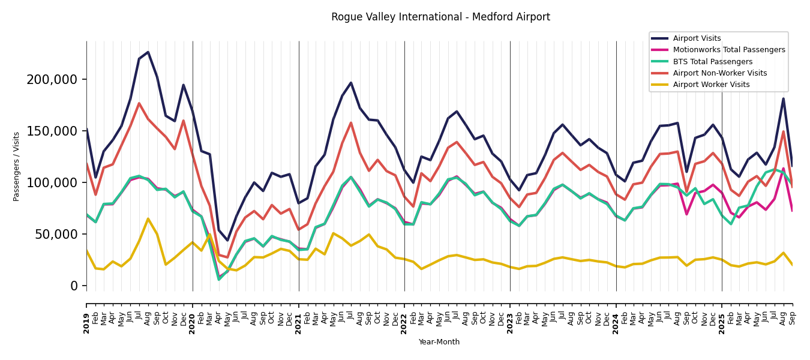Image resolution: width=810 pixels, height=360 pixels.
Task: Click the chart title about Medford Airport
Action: point(440,17)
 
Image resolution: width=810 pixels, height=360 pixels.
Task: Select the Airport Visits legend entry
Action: point(697,38)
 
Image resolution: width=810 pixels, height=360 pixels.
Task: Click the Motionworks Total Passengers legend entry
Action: point(728,50)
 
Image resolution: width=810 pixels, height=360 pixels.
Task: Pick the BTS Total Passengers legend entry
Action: point(712,62)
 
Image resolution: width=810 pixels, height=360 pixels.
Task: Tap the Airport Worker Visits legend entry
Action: point(711,85)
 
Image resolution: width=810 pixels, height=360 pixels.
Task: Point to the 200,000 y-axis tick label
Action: point(52,80)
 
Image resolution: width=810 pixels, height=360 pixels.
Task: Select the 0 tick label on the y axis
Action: point(74,286)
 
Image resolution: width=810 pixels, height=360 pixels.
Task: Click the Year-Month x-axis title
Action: point(439,342)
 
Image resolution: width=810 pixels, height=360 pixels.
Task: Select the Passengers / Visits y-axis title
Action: point(17,166)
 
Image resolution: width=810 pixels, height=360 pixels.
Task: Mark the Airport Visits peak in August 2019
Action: point(148,52)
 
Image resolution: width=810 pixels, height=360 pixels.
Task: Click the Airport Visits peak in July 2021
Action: point(351,83)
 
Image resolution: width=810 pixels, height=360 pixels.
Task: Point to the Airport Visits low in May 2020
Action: point(227,241)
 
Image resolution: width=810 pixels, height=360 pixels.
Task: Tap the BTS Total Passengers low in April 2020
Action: point(219,279)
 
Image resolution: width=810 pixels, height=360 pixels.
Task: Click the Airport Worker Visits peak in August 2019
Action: point(148,218)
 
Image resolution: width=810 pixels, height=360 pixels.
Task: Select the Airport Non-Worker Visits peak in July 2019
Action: point(139,103)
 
